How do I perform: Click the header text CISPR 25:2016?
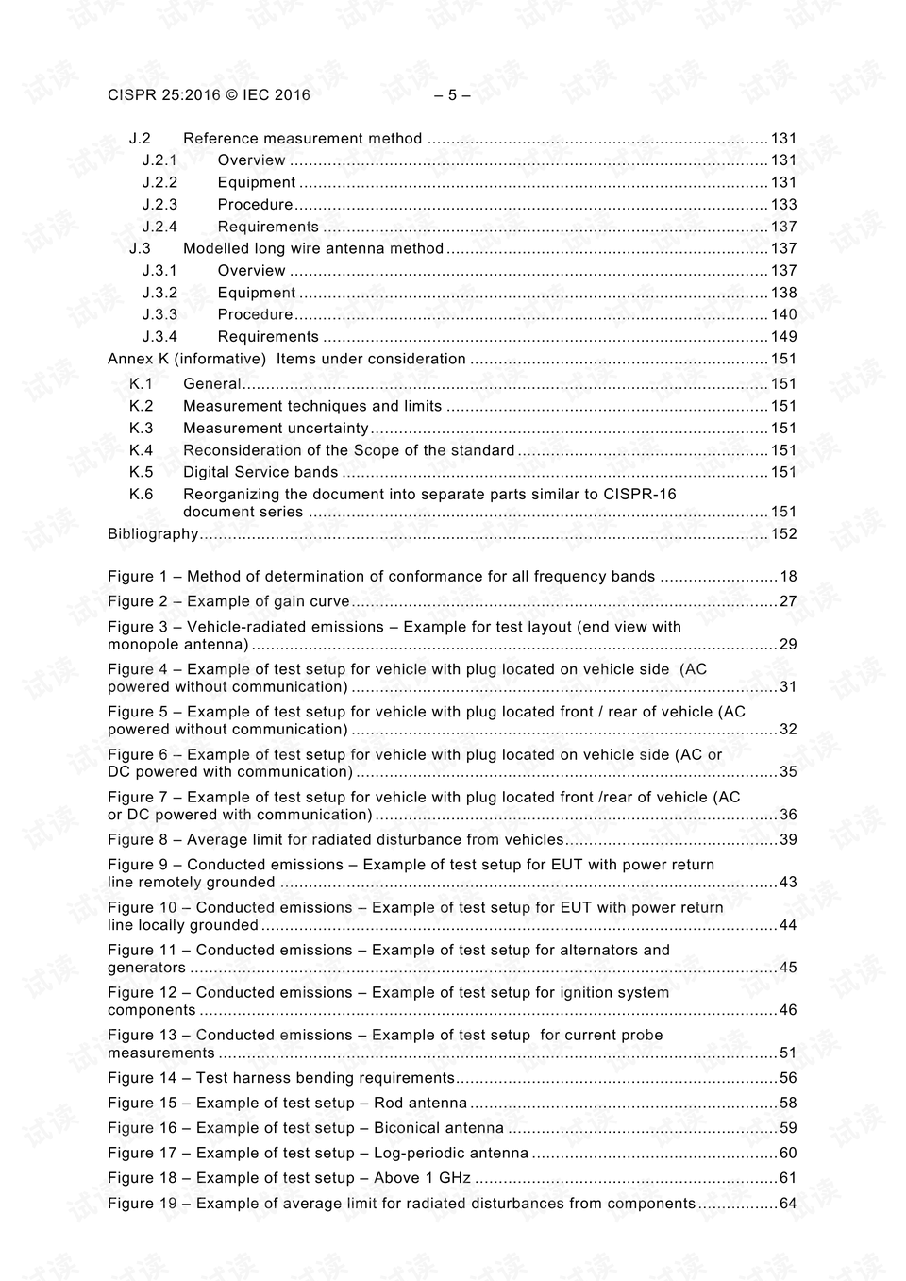click(x=163, y=94)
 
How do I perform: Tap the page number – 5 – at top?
click(x=452, y=94)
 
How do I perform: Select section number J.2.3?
click(x=159, y=205)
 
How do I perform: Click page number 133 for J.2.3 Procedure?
click(x=783, y=205)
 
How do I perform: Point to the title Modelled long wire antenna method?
click(x=312, y=248)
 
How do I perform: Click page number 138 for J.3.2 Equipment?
click(x=783, y=293)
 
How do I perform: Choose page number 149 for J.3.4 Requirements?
click(x=783, y=337)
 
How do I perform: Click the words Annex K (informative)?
click(x=187, y=359)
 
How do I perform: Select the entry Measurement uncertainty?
click(x=275, y=429)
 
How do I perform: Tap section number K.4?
click(x=141, y=450)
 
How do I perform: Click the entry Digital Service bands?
click(x=260, y=472)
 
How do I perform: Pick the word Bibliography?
click(x=153, y=534)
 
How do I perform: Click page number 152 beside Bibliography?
click(x=783, y=534)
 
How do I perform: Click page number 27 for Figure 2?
click(x=787, y=601)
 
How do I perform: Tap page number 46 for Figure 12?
click(x=787, y=1010)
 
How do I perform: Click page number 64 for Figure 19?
click(x=787, y=1204)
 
